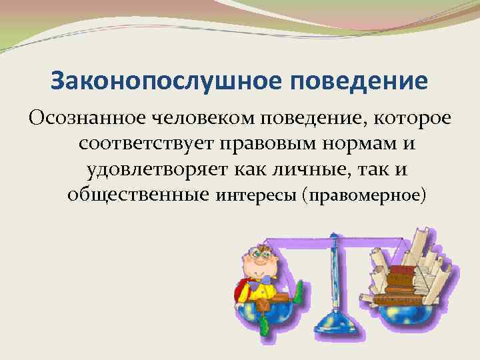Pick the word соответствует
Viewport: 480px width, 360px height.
[x=133, y=144]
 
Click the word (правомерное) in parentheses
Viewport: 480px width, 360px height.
[x=363, y=195]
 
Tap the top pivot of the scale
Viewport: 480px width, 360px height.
[x=331, y=237]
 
